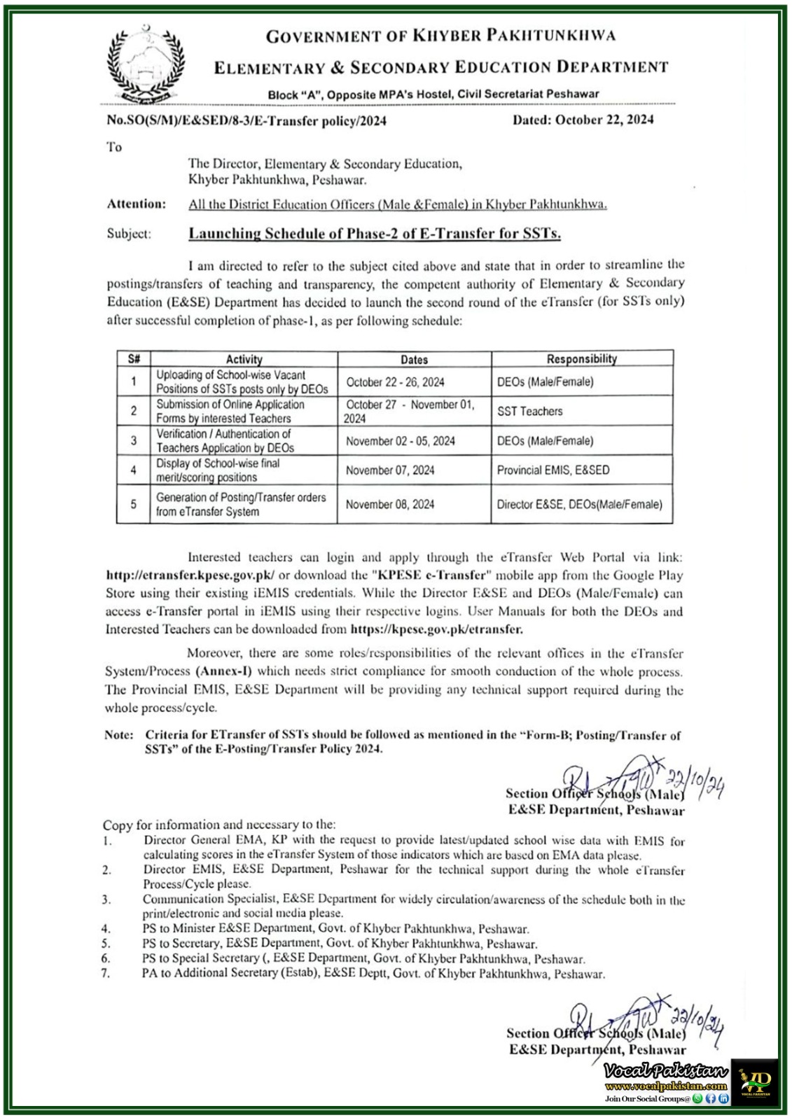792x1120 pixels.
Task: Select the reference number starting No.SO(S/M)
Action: click(246, 120)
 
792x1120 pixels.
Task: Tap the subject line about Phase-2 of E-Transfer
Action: click(375, 234)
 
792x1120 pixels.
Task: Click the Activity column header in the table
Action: click(244, 359)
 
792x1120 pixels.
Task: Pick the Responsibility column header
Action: click(581, 359)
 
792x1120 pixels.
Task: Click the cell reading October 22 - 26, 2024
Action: click(395, 382)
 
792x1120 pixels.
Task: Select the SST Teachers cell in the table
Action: click(530, 412)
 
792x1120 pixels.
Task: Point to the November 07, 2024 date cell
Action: click(390, 470)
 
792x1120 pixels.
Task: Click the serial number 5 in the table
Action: click(133, 504)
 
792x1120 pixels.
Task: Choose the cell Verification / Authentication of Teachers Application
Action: click(224, 441)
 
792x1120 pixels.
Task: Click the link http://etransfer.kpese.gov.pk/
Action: click(190, 575)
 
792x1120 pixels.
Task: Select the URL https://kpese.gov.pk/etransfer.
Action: click(436, 629)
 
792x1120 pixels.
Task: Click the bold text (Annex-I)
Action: click(228, 671)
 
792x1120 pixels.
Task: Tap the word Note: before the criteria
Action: click(118, 735)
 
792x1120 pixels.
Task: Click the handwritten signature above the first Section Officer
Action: click(630, 778)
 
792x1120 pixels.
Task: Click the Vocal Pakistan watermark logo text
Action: click(666, 1071)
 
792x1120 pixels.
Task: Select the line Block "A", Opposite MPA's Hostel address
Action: click(433, 94)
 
